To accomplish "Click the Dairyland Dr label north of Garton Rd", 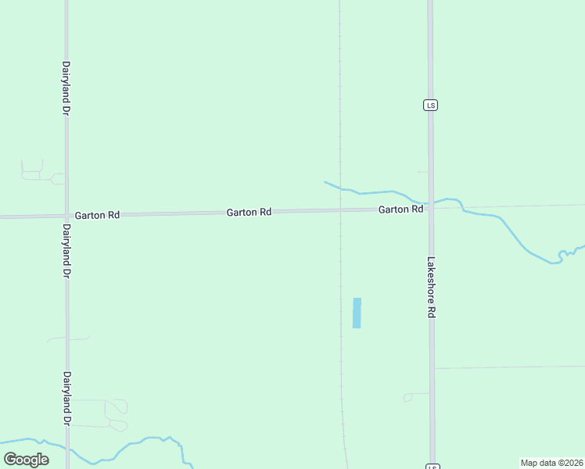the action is [x=66, y=89].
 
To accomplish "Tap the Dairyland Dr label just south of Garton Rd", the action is [x=66, y=252].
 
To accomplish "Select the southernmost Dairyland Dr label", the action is [x=67, y=399].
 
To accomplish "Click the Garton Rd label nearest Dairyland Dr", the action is [x=97, y=214].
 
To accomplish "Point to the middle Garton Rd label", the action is [x=249, y=212].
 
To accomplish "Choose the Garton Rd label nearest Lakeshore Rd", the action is [x=400, y=209].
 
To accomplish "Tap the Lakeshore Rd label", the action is [x=431, y=287].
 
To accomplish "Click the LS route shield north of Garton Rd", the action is [x=430, y=105].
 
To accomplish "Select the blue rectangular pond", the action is [x=357, y=313].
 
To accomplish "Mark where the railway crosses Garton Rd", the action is [x=339, y=209].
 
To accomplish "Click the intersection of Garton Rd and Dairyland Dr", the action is [x=66, y=215].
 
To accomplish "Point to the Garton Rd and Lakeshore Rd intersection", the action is [x=431, y=208].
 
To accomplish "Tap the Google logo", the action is [x=26, y=460].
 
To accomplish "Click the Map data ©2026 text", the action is [x=551, y=463].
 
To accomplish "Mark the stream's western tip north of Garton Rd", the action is [x=325, y=182].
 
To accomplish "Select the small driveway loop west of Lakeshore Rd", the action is [x=407, y=398].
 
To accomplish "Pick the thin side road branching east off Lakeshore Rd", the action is [x=508, y=367].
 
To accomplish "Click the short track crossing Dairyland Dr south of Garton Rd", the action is [x=67, y=338].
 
